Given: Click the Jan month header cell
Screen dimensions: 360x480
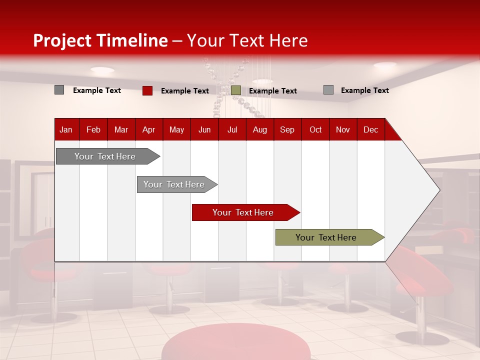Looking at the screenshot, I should [x=66, y=129].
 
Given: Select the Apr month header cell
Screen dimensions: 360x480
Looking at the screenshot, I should [x=148, y=129].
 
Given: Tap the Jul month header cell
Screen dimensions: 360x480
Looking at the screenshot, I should [x=232, y=129].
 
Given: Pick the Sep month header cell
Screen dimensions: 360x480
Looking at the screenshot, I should [x=287, y=129].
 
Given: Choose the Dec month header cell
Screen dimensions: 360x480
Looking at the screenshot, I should [x=370, y=129].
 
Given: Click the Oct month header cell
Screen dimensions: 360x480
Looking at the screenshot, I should [x=315, y=129].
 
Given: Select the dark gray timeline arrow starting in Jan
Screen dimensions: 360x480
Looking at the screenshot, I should [x=105, y=156].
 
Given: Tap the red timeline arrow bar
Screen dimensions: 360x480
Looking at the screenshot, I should [x=243, y=212].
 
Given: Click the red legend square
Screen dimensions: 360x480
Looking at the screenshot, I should [x=147, y=90].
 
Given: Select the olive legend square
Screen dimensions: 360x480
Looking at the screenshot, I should [x=236, y=90].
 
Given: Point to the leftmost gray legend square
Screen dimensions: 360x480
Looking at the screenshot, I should [x=59, y=90].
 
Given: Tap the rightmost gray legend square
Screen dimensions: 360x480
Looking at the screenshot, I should [x=328, y=90].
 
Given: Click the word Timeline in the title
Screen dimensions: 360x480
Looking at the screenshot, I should [x=132, y=40].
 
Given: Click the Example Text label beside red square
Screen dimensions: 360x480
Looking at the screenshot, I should [x=185, y=91].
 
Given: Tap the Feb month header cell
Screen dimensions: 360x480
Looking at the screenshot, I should [x=93, y=129].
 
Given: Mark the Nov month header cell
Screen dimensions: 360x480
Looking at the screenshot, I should [x=343, y=129].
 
